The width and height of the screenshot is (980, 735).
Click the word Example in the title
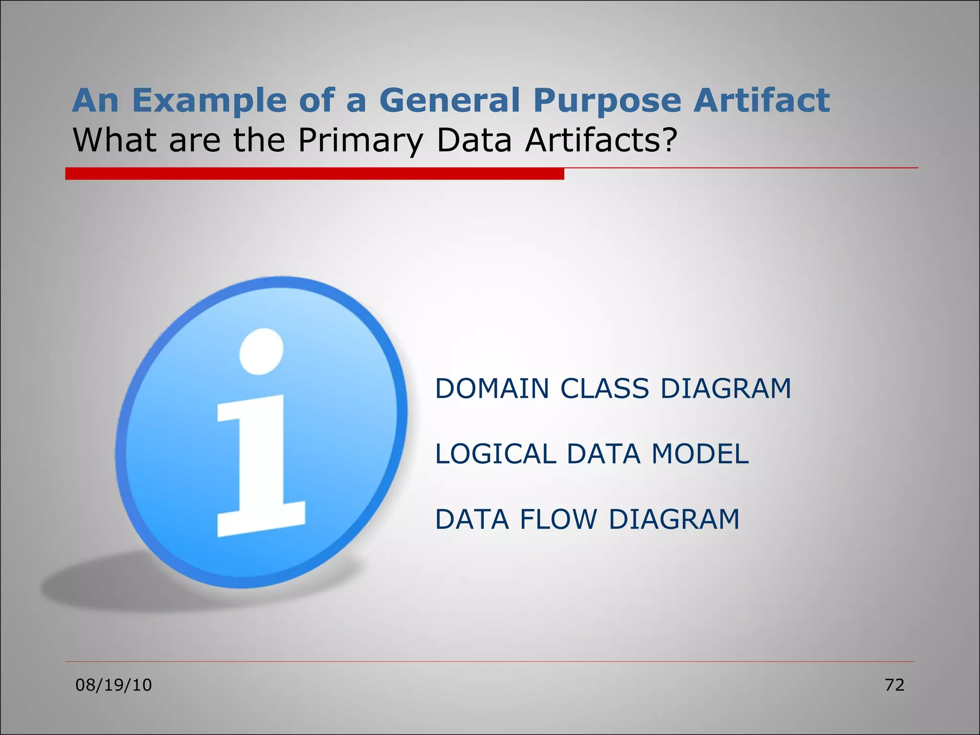click(x=210, y=101)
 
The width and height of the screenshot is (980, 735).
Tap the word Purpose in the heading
click(x=607, y=101)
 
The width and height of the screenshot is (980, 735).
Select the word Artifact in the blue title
click(x=762, y=101)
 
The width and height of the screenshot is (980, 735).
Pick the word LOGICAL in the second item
click(x=495, y=454)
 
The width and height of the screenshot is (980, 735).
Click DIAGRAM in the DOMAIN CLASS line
click(x=725, y=389)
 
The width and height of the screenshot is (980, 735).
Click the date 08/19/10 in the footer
click(x=113, y=685)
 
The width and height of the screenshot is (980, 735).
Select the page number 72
click(x=894, y=685)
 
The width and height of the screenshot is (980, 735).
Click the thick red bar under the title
click(x=314, y=174)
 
